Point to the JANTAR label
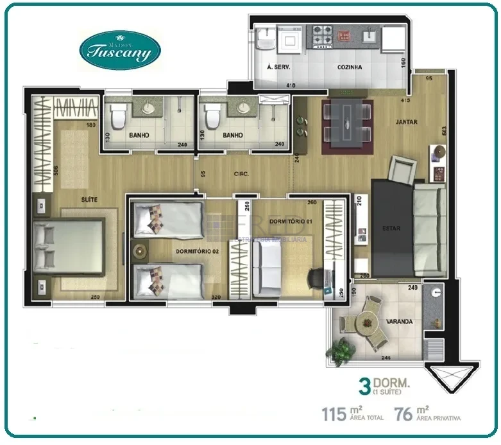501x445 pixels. [407, 121]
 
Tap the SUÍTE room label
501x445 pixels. [89, 200]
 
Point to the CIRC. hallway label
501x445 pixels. [241, 173]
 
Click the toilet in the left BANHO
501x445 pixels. [118, 118]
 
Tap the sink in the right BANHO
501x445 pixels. [244, 107]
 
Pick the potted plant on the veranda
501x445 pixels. [341, 351]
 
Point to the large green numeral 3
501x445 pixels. [365, 387]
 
